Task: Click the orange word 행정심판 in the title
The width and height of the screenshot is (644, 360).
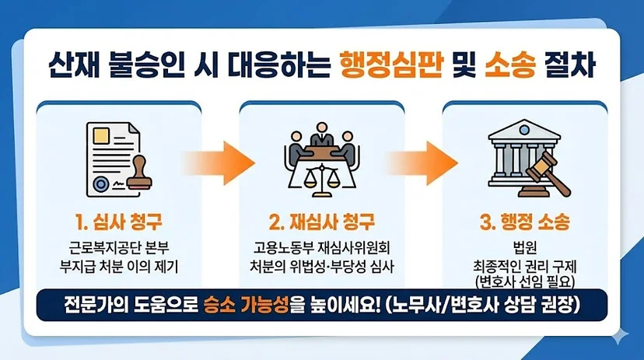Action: pos(391,65)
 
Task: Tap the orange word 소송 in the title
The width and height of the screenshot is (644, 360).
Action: pos(510,65)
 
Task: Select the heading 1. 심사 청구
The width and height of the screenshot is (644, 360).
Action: pos(119,222)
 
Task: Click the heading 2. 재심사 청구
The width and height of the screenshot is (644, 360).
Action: pos(321,222)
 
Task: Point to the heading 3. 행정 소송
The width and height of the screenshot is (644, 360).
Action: pos(524,222)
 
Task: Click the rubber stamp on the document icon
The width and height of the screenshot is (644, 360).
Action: pos(139,173)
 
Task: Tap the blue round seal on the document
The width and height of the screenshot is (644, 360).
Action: pos(100,183)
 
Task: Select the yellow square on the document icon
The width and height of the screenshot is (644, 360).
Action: pos(101,135)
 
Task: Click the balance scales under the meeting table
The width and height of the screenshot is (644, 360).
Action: pos(321,179)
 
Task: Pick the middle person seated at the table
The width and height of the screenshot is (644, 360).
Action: pos(321,135)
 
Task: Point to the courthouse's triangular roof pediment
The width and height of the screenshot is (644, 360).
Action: pos(524,129)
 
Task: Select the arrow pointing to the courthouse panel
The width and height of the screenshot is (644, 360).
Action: pos(422,163)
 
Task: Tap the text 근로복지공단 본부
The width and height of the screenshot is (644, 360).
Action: pos(119,248)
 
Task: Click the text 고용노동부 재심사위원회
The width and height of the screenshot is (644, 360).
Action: pos(321,248)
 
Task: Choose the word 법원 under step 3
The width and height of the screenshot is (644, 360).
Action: pos(524,248)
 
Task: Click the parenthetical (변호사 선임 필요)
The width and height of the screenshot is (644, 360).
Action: pos(524,282)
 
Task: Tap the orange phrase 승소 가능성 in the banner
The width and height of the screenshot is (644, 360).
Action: pos(246,305)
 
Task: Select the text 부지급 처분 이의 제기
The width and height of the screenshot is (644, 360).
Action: pos(119,267)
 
